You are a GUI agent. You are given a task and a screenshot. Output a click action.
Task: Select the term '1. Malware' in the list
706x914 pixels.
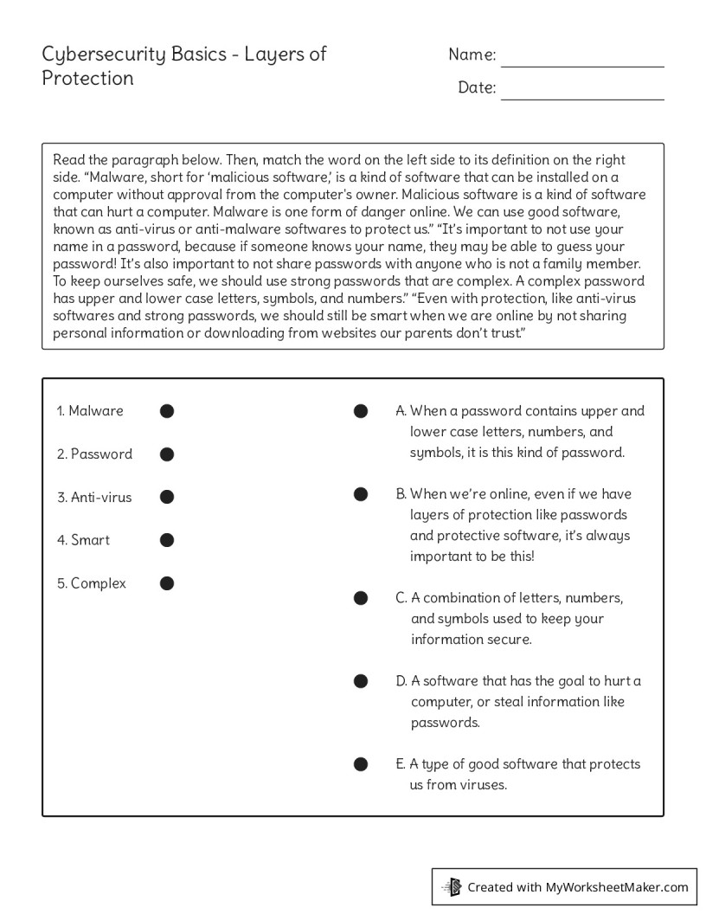[x=90, y=411]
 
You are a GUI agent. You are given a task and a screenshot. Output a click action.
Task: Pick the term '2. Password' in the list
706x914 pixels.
[x=94, y=454]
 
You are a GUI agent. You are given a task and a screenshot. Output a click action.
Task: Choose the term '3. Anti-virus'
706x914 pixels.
[x=94, y=497]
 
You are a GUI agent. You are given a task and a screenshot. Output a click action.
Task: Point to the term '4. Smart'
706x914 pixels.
[x=83, y=540]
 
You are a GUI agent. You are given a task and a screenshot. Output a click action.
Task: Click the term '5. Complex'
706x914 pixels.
[x=91, y=583]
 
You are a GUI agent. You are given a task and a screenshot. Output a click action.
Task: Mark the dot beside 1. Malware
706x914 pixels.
[x=167, y=411]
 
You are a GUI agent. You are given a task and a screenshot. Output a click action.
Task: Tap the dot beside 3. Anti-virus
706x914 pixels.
[x=167, y=497]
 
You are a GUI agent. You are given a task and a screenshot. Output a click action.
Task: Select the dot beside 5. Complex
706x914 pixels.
[x=167, y=583]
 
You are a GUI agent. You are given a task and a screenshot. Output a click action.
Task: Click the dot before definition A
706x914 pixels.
[x=361, y=411]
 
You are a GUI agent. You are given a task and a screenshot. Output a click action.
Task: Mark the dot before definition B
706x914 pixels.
[x=361, y=494]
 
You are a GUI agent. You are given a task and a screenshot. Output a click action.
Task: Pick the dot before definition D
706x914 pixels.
[x=361, y=681]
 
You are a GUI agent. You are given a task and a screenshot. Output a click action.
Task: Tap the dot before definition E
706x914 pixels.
[x=361, y=764]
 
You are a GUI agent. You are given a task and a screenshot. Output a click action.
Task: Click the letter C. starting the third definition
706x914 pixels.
[x=401, y=598]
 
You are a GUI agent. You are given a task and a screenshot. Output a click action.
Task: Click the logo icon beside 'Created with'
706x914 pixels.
[x=452, y=886]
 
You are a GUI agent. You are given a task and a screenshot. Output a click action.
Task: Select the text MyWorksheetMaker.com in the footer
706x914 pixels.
[x=616, y=887]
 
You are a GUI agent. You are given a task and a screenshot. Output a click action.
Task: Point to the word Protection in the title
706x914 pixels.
[x=87, y=79]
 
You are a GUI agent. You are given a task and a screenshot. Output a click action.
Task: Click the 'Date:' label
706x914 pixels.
[x=477, y=87]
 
